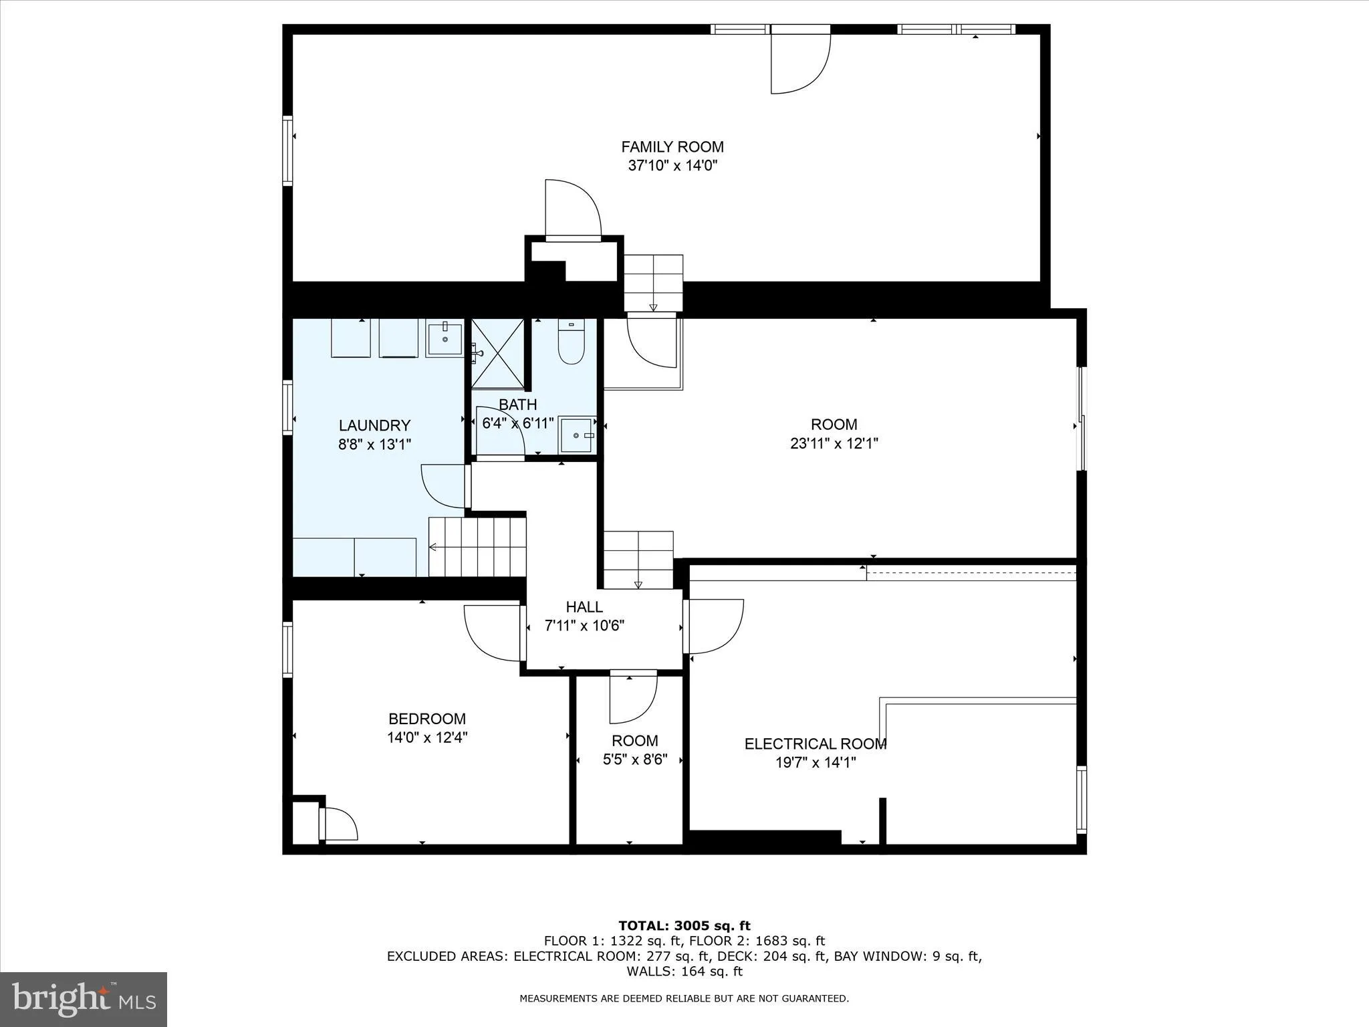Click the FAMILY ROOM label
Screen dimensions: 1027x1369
pyautogui.click(x=672, y=147)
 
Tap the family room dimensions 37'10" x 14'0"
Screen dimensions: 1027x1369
pyautogui.click(x=672, y=166)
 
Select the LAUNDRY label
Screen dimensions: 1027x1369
pyautogui.click(x=374, y=425)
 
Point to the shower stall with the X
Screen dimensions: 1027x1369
pyautogui.click(x=498, y=354)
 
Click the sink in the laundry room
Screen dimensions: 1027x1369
pyautogui.click(x=445, y=338)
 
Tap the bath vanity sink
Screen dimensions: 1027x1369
pyautogui.click(x=577, y=435)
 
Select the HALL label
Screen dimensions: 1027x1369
pyautogui.click(x=584, y=607)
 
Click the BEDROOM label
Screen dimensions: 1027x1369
pyautogui.click(x=427, y=719)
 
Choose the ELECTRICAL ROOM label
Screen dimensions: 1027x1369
pyautogui.click(x=816, y=744)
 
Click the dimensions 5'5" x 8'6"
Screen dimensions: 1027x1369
pyautogui.click(x=634, y=760)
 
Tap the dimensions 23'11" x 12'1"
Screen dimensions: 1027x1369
pyautogui.click(x=834, y=443)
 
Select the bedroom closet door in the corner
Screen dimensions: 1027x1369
pyautogui.click(x=338, y=824)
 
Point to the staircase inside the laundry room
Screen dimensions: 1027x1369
pyautogui.click(x=477, y=547)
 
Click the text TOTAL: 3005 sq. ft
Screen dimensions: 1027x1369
pyautogui.click(x=684, y=925)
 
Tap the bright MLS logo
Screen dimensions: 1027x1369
pyautogui.click(x=84, y=1000)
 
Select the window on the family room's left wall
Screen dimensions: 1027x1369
pyautogui.click(x=287, y=150)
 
